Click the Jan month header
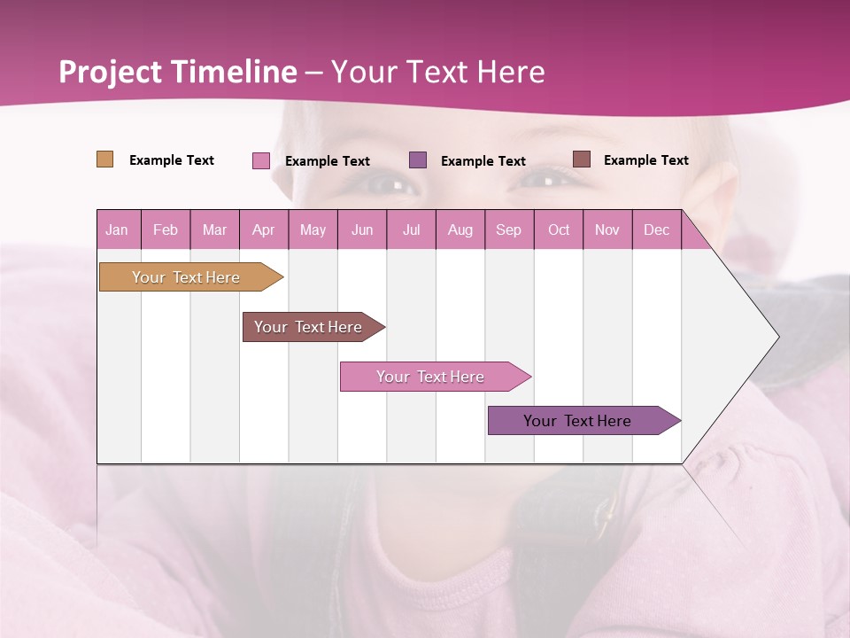(118, 230)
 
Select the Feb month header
(166, 230)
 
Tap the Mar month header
(214, 230)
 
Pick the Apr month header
(264, 230)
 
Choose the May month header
(313, 230)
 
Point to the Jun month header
(362, 230)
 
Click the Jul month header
(411, 230)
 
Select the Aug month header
(460, 230)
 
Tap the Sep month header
(509, 230)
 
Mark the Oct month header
(559, 230)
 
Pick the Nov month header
(607, 230)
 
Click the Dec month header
(656, 230)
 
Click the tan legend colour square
(105, 159)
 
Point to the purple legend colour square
(418, 160)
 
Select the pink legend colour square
(261, 160)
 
